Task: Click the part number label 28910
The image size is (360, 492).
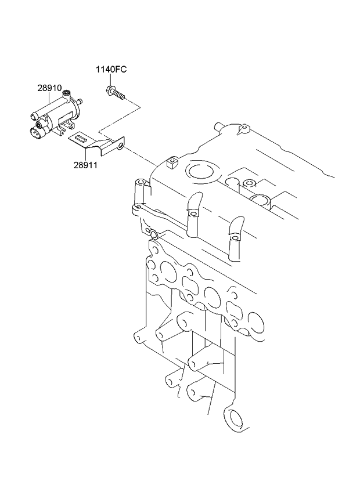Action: pos(49,88)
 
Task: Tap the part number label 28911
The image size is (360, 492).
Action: pos(85,165)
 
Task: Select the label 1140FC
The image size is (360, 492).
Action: pos(111,70)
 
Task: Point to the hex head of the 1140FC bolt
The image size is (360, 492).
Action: pos(110,89)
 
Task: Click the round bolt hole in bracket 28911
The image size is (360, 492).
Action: pos(120,146)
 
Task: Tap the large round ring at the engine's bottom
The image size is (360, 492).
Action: pos(235,419)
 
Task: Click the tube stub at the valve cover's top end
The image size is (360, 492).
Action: pos(219,126)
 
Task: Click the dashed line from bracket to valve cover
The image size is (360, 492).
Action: pos(142,155)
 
